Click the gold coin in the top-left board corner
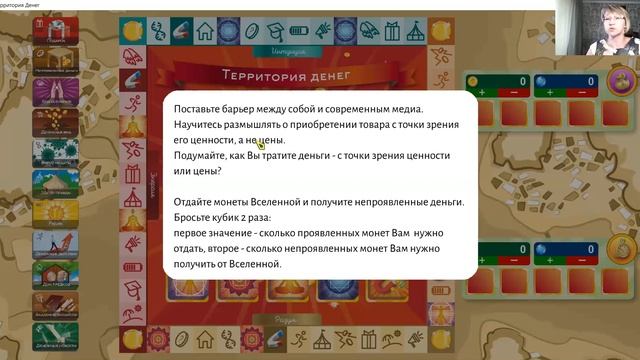tap(131, 32)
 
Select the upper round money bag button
tap(619, 81)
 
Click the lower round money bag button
tap(619, 247)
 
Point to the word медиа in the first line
tap(403, 108)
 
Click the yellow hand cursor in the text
tap(261, 143)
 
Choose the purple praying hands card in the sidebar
tap(56, 92)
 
